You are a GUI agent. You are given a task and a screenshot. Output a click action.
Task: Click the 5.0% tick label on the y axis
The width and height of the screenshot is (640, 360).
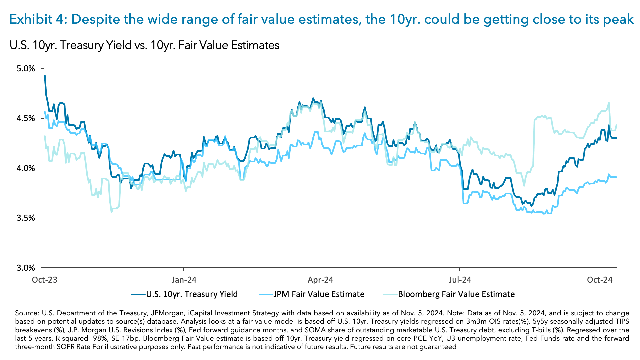26,69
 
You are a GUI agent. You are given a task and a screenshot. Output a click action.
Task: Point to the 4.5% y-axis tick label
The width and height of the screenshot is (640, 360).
26,118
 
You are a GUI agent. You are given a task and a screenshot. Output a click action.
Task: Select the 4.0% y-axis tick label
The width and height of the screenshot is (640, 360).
26,168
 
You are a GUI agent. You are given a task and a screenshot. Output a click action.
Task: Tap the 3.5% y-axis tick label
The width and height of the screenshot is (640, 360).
26,218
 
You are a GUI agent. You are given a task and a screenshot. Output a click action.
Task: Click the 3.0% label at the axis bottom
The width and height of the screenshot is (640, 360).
26,268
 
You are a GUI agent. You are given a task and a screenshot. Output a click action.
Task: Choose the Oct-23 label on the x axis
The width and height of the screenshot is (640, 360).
45,279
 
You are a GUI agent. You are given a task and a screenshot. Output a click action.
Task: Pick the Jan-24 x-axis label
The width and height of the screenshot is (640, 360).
184,279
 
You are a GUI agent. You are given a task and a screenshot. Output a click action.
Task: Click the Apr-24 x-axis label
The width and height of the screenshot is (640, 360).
320,279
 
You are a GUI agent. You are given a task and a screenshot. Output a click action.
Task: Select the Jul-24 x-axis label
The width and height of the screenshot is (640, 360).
460,279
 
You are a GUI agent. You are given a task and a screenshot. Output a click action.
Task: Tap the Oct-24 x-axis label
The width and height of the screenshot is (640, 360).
600,279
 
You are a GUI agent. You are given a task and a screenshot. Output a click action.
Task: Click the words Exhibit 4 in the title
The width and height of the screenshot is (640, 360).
38,19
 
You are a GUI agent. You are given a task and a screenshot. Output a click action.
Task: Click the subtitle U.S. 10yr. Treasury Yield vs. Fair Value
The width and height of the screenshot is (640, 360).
144,45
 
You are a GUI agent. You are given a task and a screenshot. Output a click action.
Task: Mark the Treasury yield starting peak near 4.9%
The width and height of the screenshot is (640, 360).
45,76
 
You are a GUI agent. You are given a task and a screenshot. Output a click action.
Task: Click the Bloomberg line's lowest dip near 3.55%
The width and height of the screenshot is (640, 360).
112,212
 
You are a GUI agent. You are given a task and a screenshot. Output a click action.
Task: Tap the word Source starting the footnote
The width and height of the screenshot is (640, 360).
27,313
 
